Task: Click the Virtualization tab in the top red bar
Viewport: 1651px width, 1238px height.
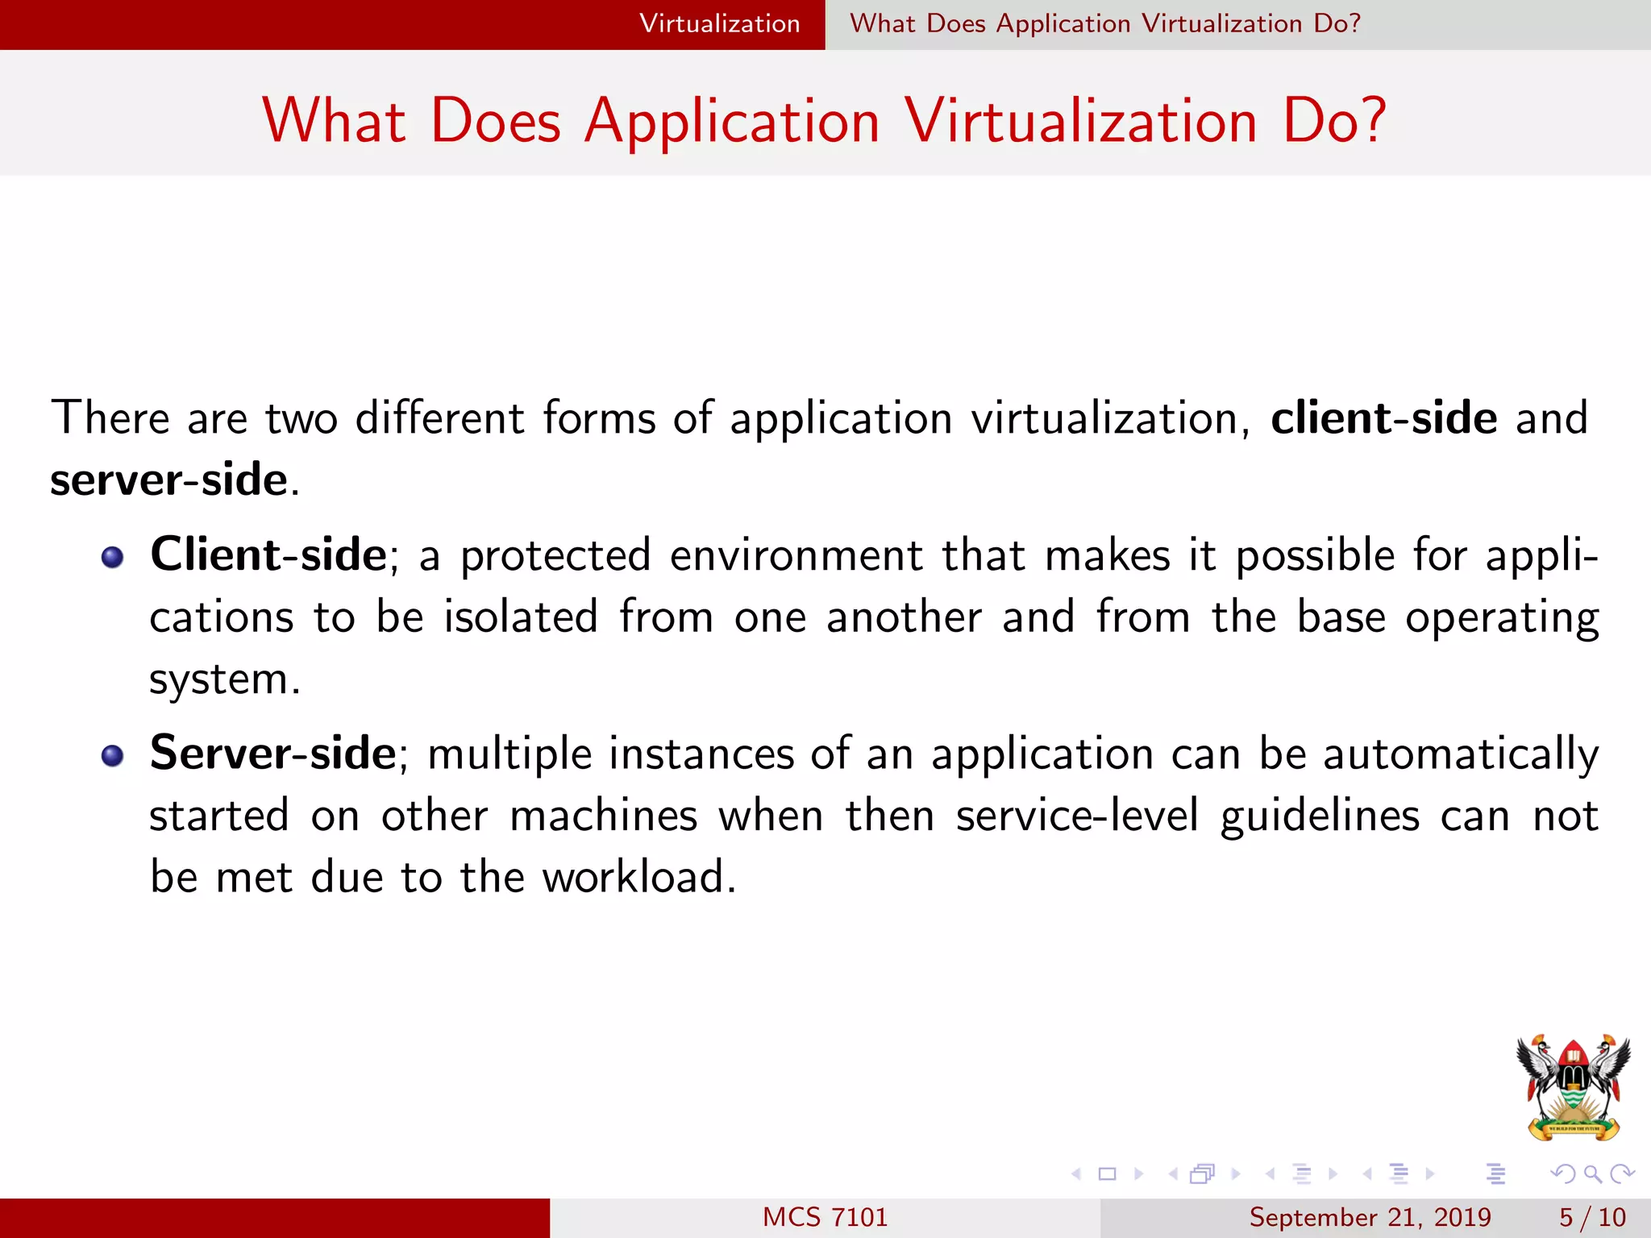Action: (719, 23)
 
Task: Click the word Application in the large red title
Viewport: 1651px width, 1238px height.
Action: (732, 122)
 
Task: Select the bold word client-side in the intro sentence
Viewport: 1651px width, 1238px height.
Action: (1383, 418)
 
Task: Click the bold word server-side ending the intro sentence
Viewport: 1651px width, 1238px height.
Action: (168, 480)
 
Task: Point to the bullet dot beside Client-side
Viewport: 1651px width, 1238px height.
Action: (113, 557)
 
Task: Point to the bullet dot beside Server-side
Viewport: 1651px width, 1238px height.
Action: (113, 755)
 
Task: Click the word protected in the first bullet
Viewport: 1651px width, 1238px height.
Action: (555, 556)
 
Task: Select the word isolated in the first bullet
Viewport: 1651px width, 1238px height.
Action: (521, 617)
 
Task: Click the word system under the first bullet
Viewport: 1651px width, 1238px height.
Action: (218, 679)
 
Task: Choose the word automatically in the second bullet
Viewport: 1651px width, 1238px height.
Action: (1461, 755)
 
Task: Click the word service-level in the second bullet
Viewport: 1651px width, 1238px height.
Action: (1077, 816)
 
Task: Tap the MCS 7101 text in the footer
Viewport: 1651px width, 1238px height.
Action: (825, 1217)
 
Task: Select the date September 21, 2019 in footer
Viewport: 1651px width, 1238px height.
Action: (1370, 1217)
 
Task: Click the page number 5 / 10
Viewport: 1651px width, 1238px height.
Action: (1592, 1217)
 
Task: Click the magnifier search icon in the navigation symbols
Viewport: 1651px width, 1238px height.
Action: (1592, 1174)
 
